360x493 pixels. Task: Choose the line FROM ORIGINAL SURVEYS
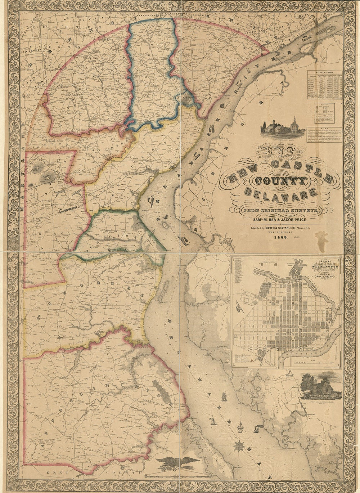pyautogui.click(x=276, y=210)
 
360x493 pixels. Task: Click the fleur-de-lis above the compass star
pyautogui.click(x=239, y=429)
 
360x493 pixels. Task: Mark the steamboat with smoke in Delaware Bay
pyautogui.click(x=257, y=429)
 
